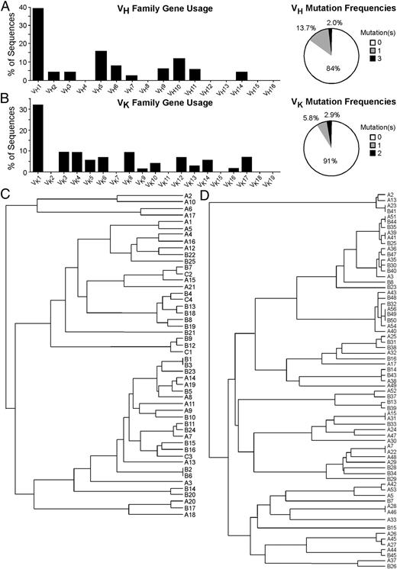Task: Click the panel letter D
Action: tap(202, 197)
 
